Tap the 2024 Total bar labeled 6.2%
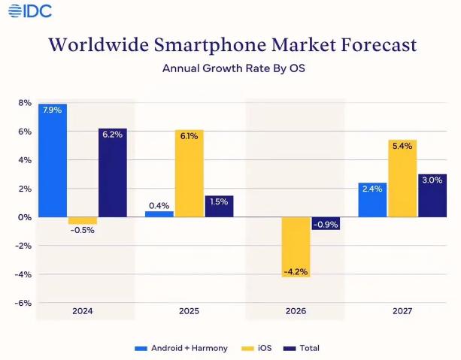113,173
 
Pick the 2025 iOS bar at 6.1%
190,174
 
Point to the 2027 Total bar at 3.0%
432,195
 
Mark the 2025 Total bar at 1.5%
219,206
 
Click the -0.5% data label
82,231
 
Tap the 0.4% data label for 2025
159,205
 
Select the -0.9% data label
326,224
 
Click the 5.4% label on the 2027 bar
402,146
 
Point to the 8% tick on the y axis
25,102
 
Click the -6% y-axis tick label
23,304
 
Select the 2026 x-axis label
296,310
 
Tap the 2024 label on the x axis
82,310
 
